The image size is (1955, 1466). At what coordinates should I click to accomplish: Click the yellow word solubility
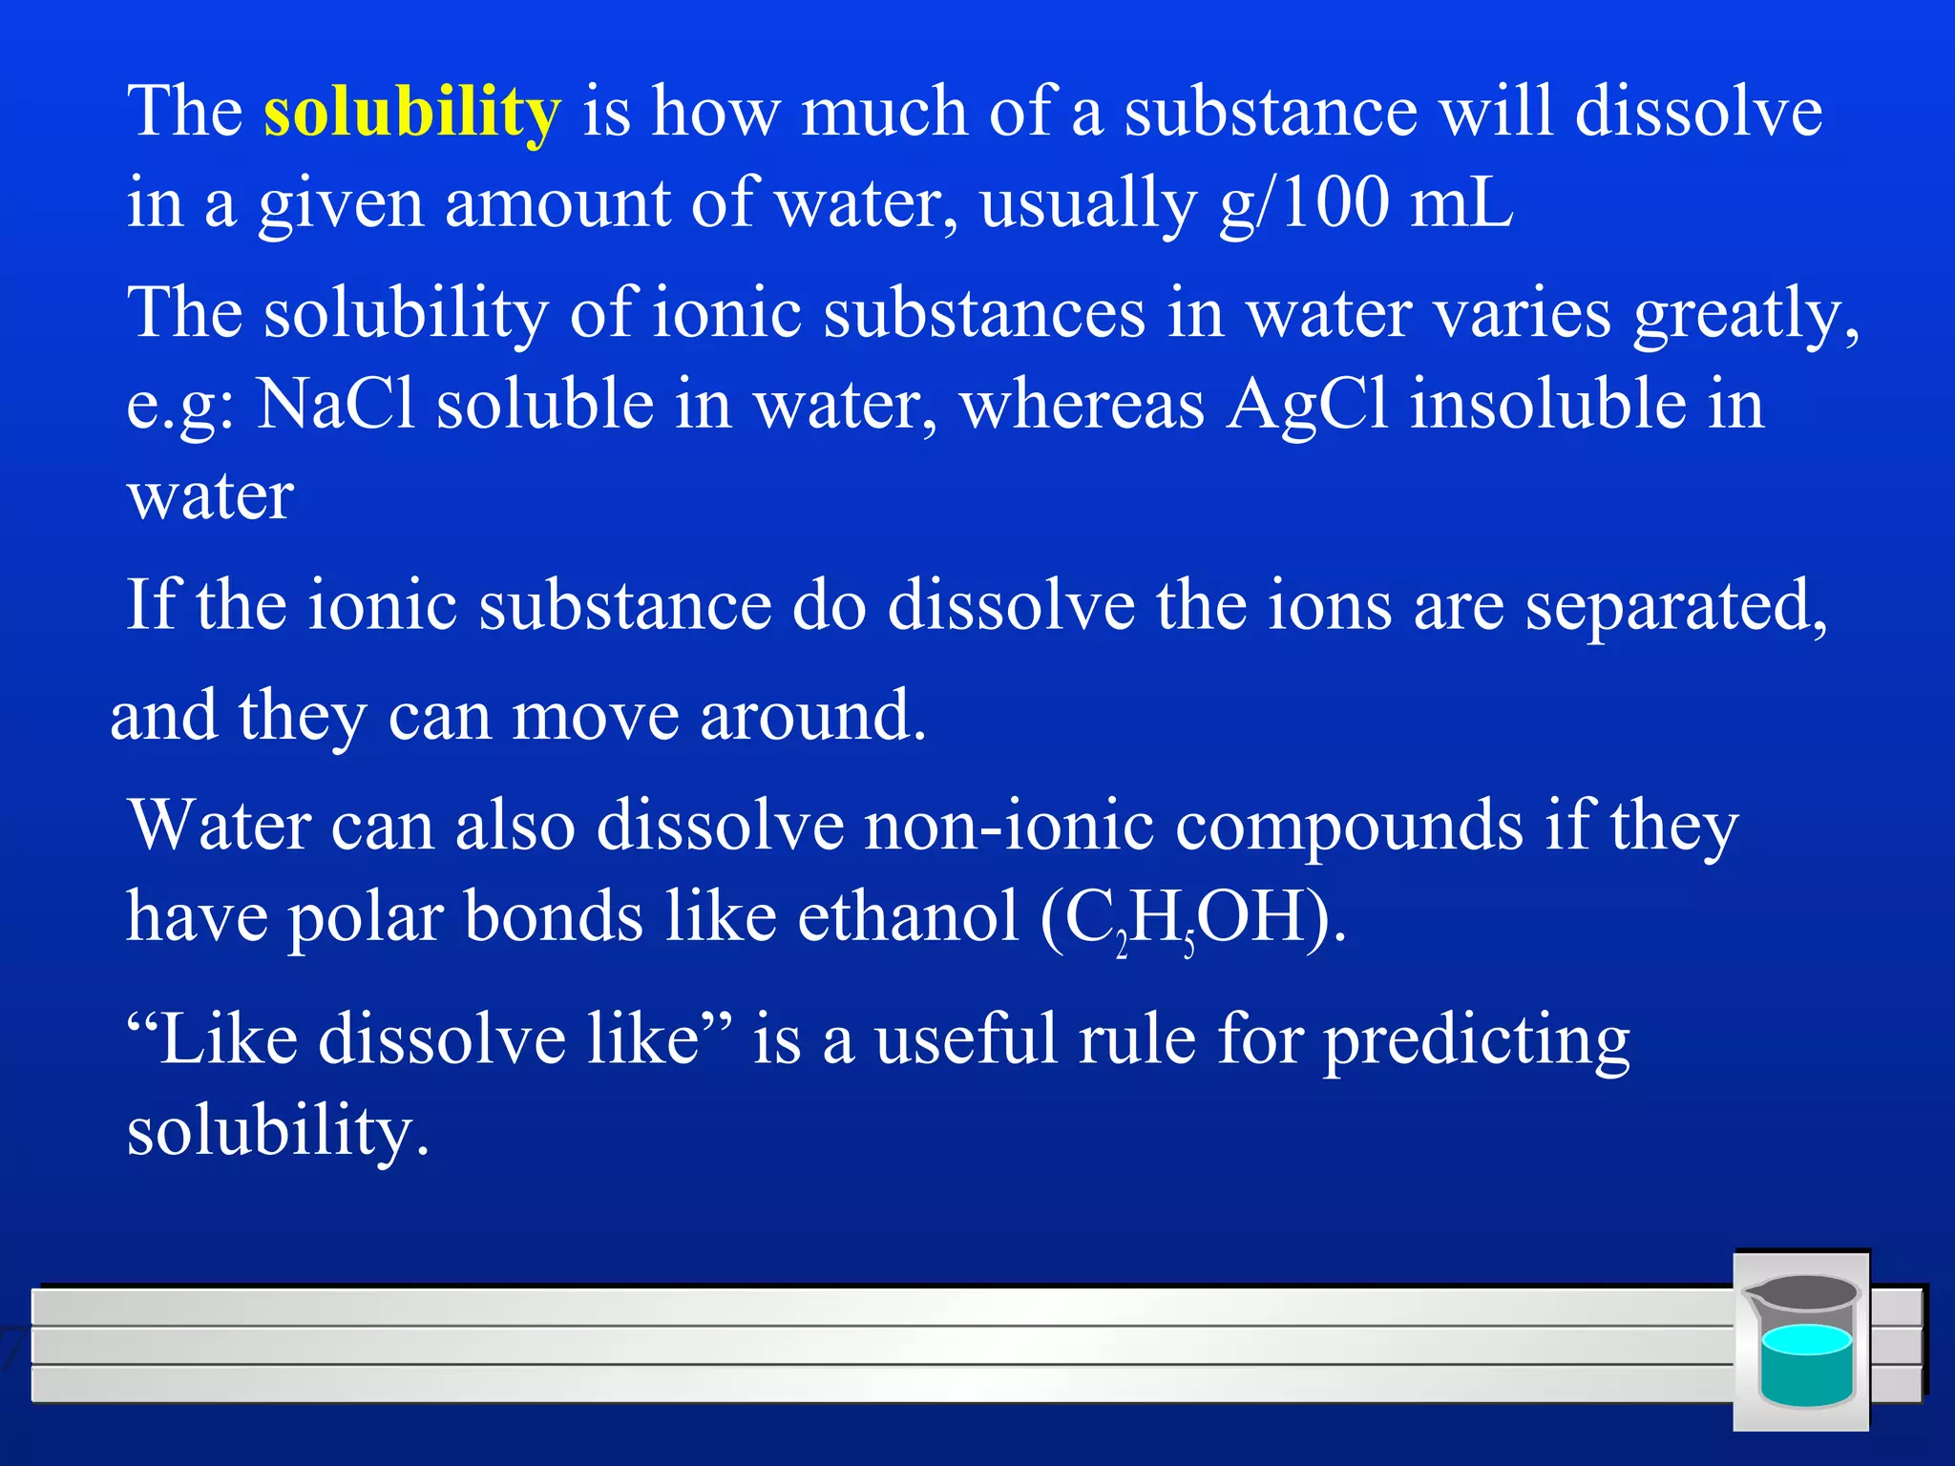(411, 113)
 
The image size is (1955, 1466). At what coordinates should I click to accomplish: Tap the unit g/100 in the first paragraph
(1304, 203)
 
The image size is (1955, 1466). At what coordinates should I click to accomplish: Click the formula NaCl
(336, 404)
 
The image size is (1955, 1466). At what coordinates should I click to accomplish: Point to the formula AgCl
(1307, 404)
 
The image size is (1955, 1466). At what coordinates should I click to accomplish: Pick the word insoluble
(1547, 404)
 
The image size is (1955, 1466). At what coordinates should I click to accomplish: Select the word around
(812, 717)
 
